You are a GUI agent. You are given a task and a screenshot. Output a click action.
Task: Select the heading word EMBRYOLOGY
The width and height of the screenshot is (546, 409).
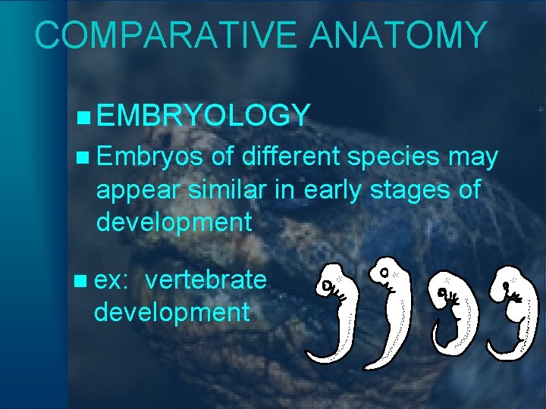point(203,115)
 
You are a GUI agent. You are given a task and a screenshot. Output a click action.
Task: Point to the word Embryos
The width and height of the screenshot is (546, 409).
point(149,157)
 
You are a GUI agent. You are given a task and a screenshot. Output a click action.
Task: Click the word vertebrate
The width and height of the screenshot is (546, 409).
point(206,280)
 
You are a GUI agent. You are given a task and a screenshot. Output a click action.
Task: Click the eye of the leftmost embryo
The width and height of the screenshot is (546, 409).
point(326,286)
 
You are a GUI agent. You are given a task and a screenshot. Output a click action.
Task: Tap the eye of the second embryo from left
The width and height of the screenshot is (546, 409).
point(384,272)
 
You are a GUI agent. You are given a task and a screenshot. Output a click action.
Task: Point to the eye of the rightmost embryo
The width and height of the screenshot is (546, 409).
point(506,286)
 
